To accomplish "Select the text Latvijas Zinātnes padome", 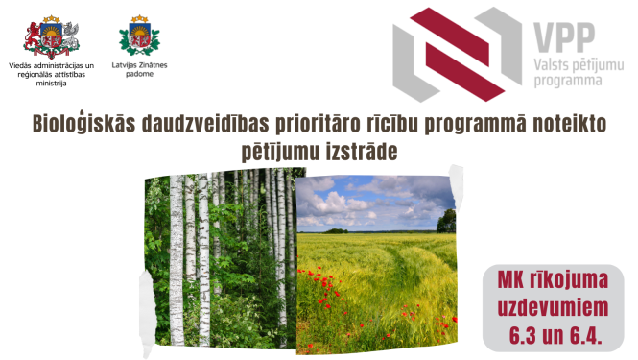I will (x=140, y=71).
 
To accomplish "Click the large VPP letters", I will (x=562, y=36).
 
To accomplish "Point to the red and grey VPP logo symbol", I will (x=452, y=54).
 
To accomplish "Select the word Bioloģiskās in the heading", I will (x=78, y=126).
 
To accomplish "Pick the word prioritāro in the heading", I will (x=311, y=126).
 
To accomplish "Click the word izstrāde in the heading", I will (x=364, y=152).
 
